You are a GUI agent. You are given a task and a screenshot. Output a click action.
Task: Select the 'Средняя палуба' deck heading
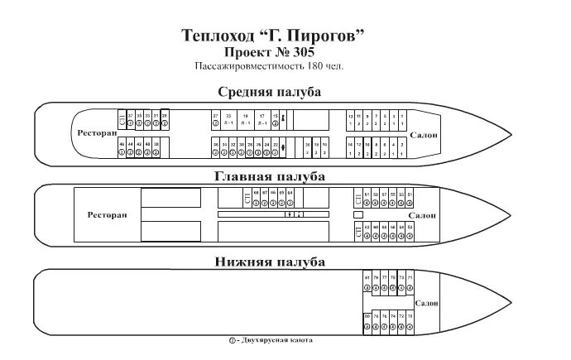(x=270, y=91)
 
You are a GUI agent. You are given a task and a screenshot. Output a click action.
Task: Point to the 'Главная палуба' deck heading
(x=270, y=176)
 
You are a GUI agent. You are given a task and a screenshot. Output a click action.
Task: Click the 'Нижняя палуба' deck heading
(x=270, y=262)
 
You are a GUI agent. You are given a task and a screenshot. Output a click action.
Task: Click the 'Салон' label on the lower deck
(x=427, y=303)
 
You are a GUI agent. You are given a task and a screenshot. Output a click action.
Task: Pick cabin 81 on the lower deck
(x=367, y=279)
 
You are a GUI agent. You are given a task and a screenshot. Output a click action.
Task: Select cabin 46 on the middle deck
(x=122, y=148)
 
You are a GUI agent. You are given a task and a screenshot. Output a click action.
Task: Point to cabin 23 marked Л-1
(x=228, y=119)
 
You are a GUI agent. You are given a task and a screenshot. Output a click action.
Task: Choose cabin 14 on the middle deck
(x=350, y=148)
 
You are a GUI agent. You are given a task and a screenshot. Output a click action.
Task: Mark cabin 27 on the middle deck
(x=215, y=119)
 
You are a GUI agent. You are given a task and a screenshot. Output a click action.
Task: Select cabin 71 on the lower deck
(x=410, y=279)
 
